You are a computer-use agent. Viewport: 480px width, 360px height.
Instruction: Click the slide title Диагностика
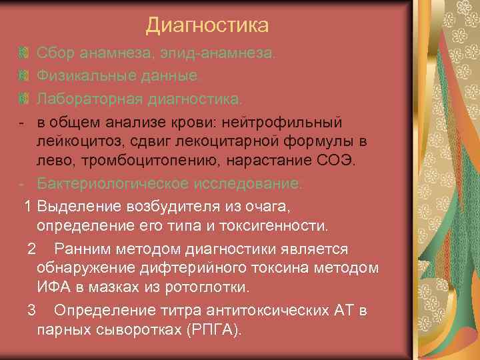[x=207, y=25]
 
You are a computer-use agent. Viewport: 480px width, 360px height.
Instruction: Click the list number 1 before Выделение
[x=29, y=206]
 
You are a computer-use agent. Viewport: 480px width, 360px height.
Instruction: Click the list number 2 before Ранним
[x=31, y=249]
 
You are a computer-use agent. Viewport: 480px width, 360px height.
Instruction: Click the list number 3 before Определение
[x=31, y=311]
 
